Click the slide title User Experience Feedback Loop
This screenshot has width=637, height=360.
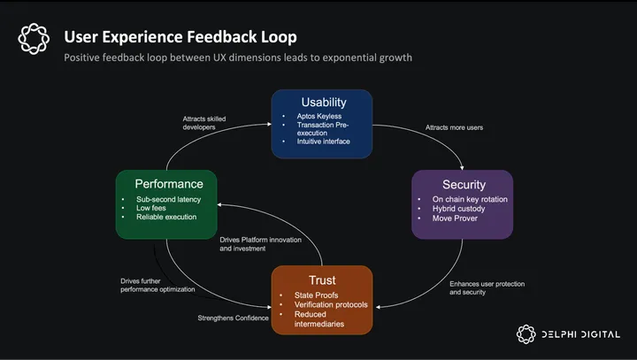pos(180,36)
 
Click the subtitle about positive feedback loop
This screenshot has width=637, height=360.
pos(238,57)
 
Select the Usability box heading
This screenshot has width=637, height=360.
pos(322,103)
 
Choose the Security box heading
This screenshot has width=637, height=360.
pos(463,184)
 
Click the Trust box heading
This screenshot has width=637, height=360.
pos(322,279)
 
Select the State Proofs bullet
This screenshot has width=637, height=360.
pos(317,295)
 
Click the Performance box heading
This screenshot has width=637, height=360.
pos(168,184)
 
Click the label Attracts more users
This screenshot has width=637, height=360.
pos(454,127)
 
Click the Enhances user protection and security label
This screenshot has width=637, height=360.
pos(487,287)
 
